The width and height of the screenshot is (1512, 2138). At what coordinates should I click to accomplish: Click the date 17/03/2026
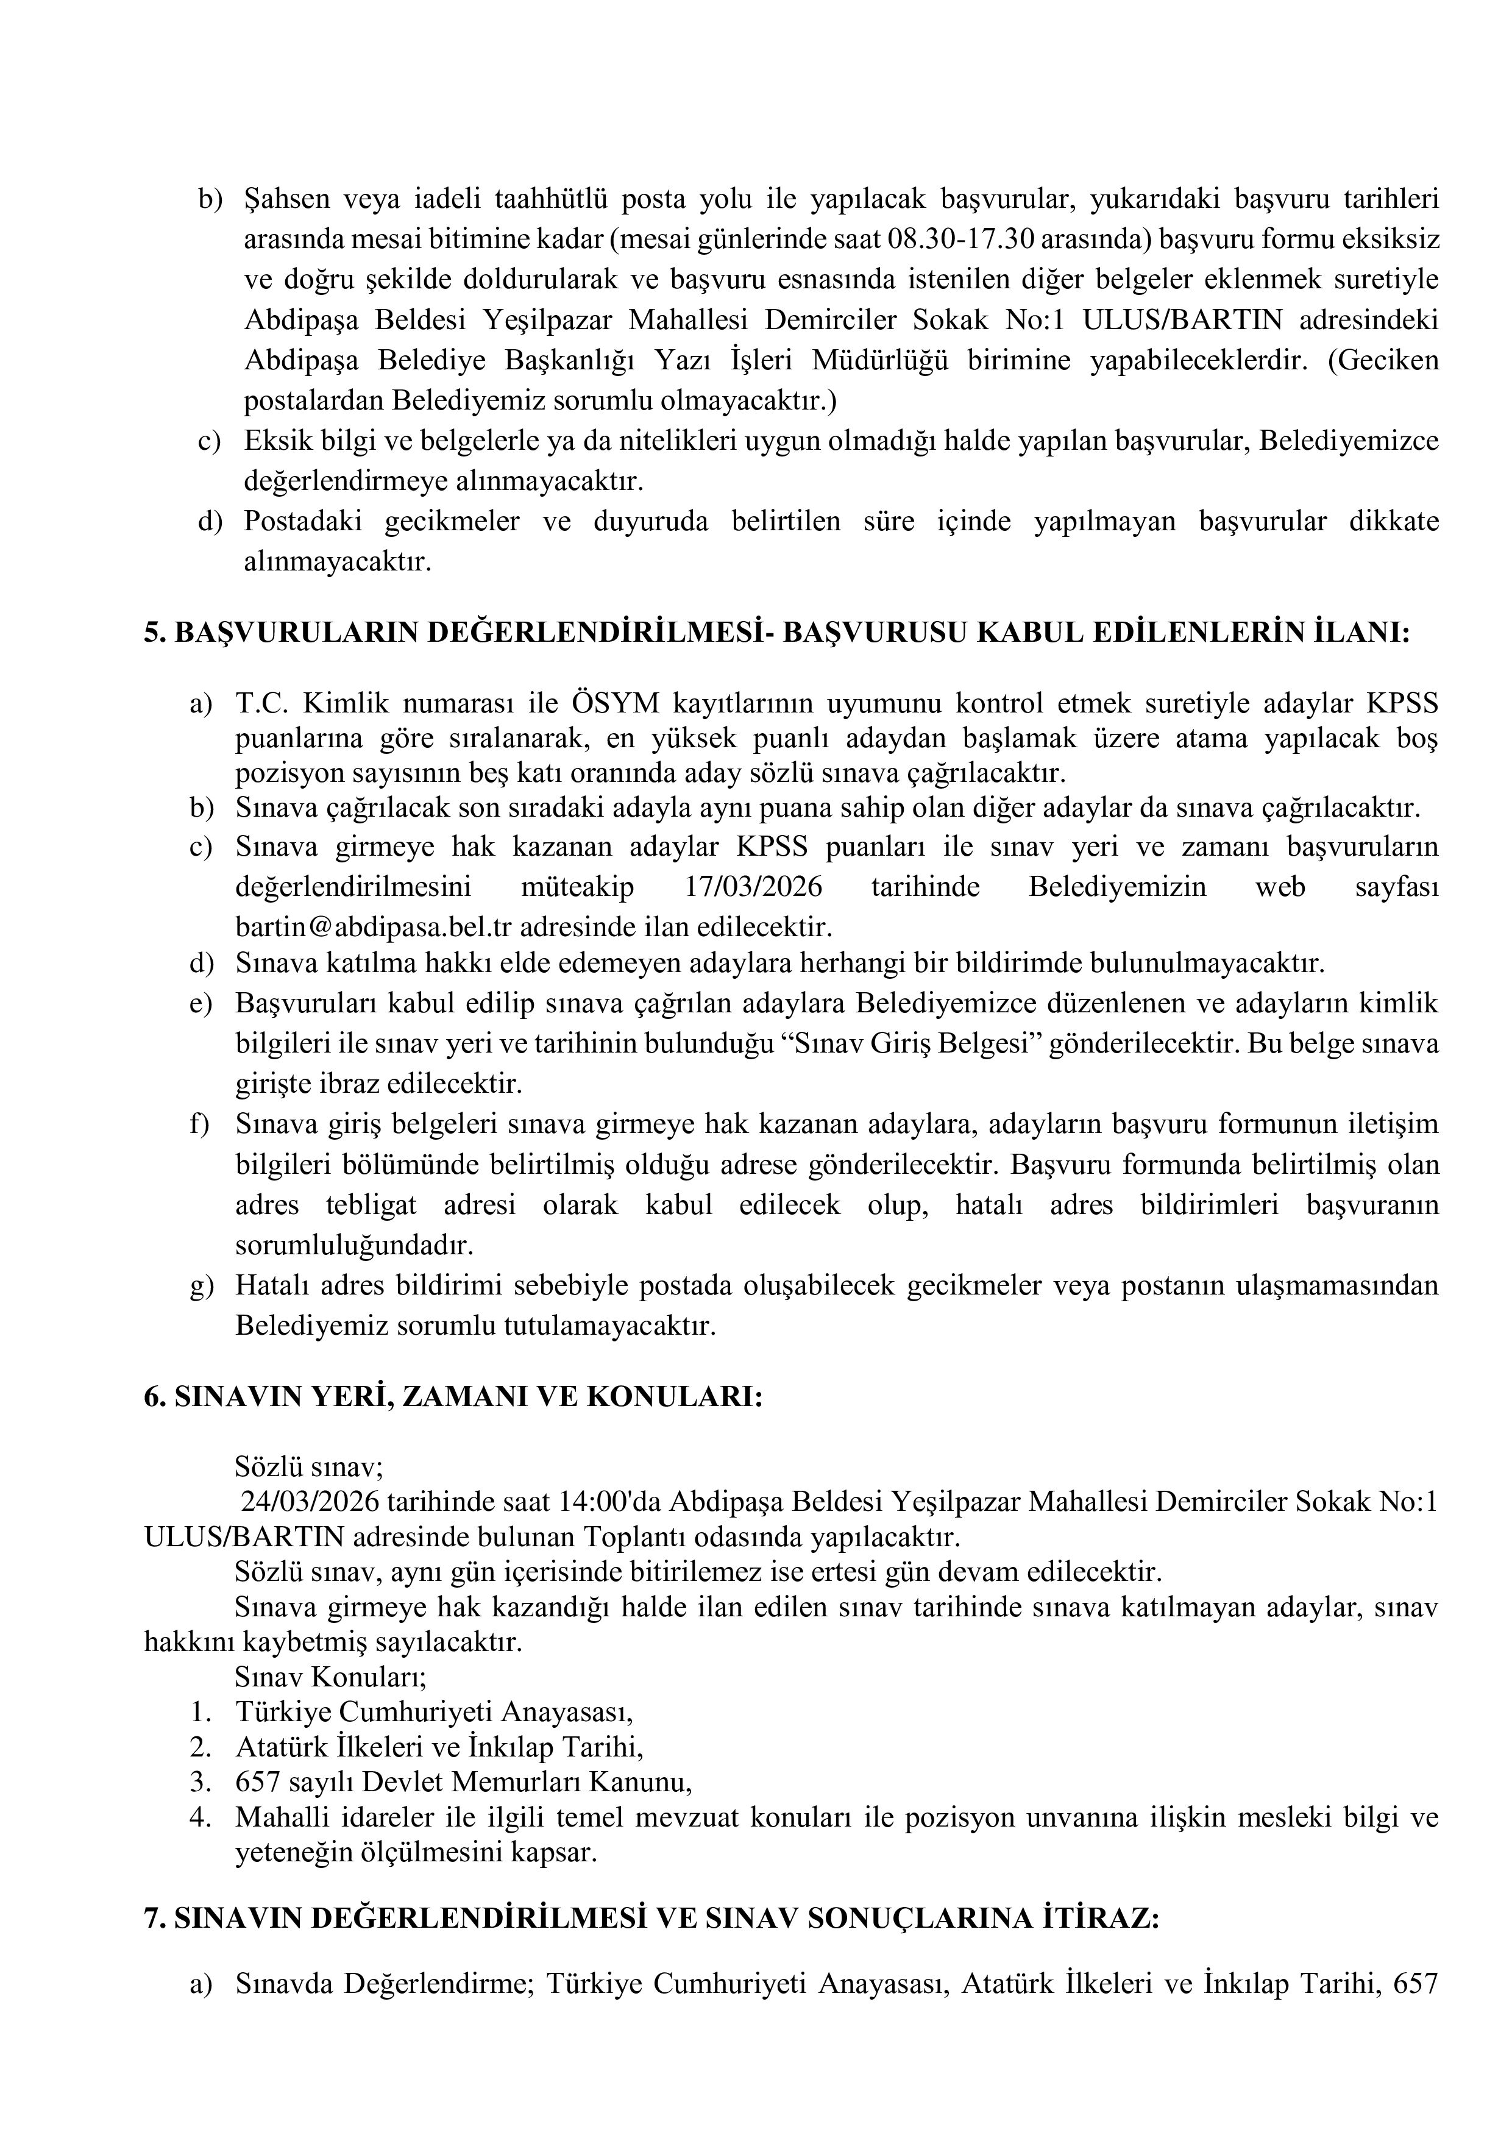[753, 887]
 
